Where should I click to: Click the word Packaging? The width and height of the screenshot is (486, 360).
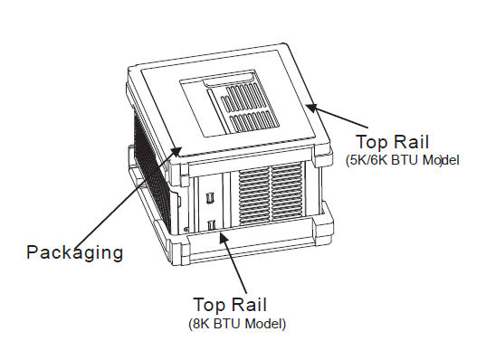[x=74, y=251]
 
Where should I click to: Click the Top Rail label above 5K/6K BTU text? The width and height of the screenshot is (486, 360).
[x=392, y=142]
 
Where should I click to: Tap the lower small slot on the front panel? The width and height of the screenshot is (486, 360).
[x=211, y=224]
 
